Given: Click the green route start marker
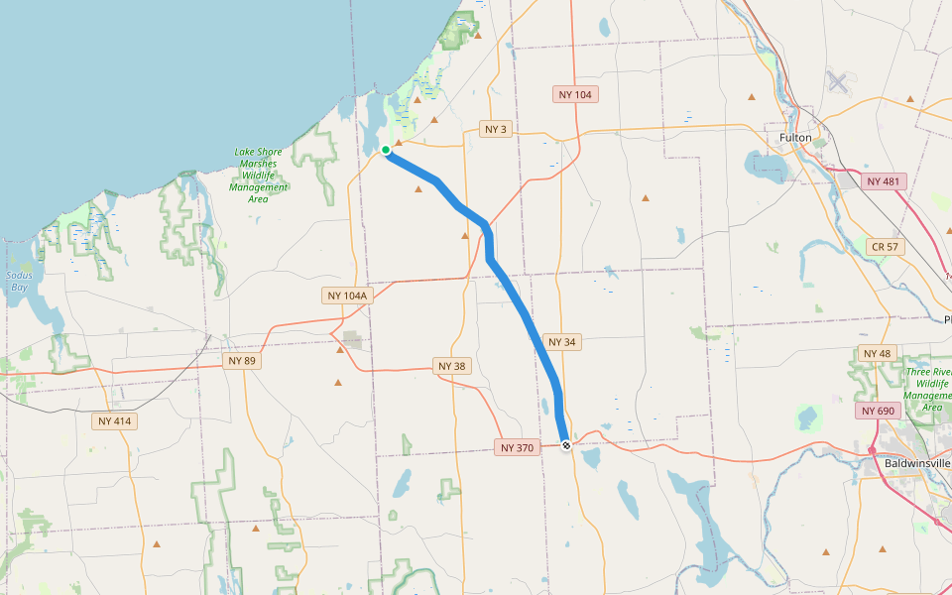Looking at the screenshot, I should pos(385,150).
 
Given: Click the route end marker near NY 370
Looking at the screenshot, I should pos(566,446).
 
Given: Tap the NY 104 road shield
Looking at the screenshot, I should pos(575,94).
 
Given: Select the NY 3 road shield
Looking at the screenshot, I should pos(496,129).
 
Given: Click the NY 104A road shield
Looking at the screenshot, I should pos(347,296).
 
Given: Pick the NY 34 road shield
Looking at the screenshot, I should pos(561,341).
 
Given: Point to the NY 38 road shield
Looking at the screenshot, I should pos(451,366).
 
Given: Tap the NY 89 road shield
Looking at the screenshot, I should pos(242,361).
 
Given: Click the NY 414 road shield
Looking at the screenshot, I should pos(115,420).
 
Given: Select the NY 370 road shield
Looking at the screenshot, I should pos(517,447).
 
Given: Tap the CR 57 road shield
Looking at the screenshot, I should pos(886,246).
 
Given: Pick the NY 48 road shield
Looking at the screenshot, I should pos(877,353).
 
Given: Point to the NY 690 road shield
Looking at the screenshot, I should pos(876,411).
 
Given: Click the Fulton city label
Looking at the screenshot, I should pos(795,137).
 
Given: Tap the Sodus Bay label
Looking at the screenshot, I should pos(19,281).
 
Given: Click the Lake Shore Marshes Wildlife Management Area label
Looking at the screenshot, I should pos(258,176).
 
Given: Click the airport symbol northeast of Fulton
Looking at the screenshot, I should pos(838,81).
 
